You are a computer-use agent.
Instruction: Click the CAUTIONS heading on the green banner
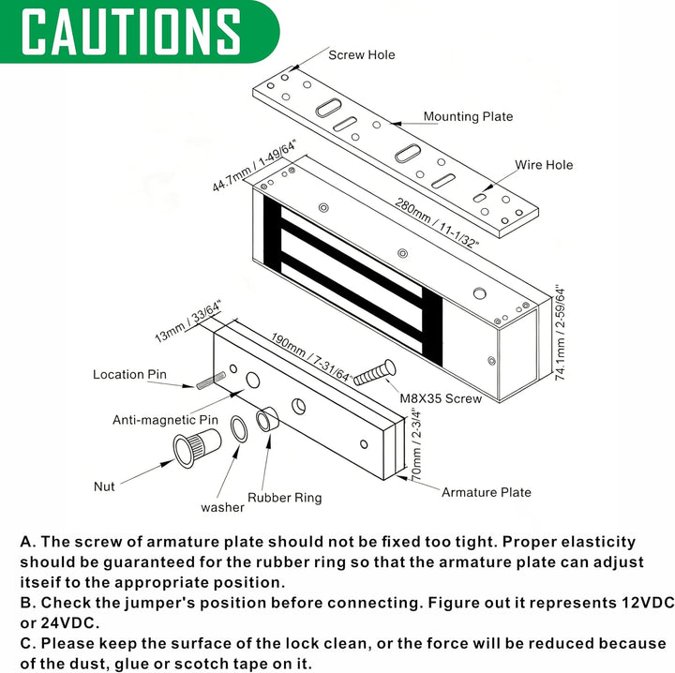[131, 32]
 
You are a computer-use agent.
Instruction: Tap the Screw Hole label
[362, 55]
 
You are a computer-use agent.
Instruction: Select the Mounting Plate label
[468, 116]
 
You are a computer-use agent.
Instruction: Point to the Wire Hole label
[544, 165]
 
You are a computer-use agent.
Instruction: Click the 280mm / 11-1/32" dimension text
[437, 223]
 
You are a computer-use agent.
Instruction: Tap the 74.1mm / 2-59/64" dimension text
[560, 332]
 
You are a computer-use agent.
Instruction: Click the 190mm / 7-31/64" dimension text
[311, 358]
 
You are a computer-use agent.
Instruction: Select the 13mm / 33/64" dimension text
[187, 322]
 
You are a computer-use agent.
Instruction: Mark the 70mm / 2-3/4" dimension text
[416, 445]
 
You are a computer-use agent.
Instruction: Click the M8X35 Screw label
[441, 398]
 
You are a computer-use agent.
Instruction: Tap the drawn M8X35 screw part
[374, 373]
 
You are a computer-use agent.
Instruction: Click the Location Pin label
[129, 374]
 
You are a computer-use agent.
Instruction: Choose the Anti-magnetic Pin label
[165, 420]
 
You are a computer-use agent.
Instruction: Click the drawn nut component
[197, 447]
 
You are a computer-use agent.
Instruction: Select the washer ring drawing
[239, 429]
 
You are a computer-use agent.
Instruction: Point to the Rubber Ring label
[285, 498]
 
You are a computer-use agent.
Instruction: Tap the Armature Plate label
[487, 492]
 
